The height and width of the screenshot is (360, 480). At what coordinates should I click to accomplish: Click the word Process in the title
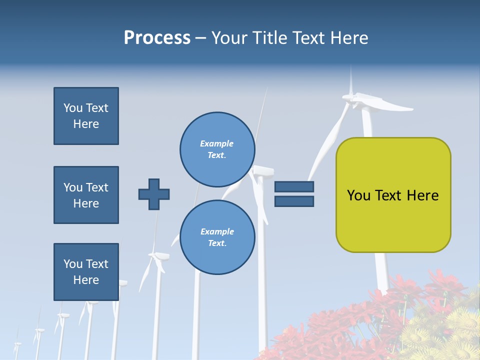157,38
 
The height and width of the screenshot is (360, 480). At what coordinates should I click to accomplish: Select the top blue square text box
86,116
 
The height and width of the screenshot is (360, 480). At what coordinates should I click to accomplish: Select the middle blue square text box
86,195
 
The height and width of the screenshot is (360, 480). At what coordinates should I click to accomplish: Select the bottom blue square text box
86,272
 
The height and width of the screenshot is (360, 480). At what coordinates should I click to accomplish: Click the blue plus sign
154,194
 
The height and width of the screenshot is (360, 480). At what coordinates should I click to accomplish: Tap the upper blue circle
217,149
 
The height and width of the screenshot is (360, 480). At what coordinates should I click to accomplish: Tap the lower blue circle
217,237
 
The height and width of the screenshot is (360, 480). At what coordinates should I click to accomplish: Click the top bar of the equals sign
294,187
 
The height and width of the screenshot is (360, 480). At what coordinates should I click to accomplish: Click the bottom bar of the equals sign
294,201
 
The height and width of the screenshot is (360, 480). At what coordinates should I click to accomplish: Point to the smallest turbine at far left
17,345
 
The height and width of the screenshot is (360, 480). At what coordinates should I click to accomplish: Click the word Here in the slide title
350,38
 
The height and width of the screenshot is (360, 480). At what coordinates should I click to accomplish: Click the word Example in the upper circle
216,143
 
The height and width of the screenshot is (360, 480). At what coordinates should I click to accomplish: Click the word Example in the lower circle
217,231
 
